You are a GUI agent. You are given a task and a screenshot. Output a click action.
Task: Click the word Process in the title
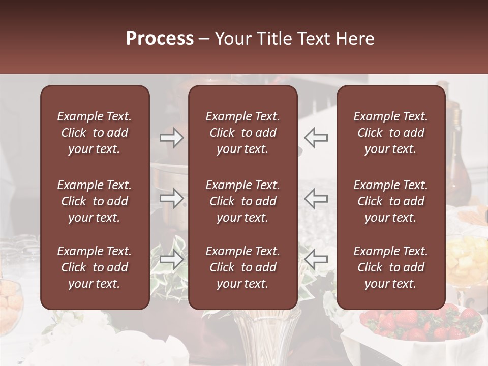point(160,39)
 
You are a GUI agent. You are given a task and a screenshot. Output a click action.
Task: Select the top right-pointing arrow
point(171,137)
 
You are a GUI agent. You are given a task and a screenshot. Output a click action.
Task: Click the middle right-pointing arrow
point(171,198)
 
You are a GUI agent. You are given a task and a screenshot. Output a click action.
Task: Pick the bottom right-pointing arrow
point(171,260)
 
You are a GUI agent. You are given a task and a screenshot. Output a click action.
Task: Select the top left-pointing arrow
point(316,137)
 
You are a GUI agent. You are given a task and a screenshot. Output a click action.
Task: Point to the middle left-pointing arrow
point(316,198)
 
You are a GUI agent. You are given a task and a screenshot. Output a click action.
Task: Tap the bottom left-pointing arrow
point(316,260)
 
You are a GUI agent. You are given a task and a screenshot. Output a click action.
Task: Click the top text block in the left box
point(95,133)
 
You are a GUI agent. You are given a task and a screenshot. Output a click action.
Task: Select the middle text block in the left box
point(95,201)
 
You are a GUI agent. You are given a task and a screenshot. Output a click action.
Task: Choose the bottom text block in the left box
point(95,267)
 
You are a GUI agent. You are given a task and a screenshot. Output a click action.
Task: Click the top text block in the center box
point(243,133)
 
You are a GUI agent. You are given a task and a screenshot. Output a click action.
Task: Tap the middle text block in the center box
point(243,201)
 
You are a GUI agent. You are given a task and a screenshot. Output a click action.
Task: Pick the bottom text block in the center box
point(243,267)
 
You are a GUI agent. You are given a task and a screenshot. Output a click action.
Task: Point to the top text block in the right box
point(391,133)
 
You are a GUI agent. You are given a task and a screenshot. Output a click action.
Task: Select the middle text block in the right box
point(391,201)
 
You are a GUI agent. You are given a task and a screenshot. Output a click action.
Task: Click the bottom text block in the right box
point(391,267)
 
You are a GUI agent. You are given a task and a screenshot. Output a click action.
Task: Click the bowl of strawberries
point(417,325)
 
